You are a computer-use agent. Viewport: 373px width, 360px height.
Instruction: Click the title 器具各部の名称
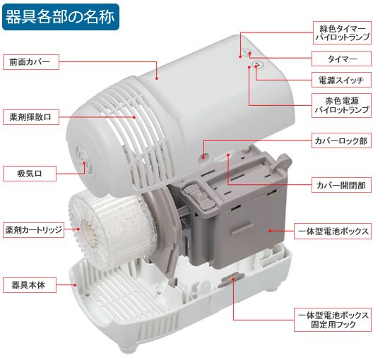point(59,16)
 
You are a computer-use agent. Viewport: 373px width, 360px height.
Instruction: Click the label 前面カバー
point(30,61)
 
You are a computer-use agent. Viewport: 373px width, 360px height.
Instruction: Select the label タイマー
point(341,58)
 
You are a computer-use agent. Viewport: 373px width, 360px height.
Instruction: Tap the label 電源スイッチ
point(341,80)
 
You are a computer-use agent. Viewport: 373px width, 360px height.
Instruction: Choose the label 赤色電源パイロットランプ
point(341,105)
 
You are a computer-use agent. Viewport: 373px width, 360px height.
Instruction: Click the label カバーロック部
point(341,141)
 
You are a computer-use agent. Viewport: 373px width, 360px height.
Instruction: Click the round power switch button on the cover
point(256,64)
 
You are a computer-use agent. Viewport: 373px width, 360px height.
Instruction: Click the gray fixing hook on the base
point(228,282)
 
